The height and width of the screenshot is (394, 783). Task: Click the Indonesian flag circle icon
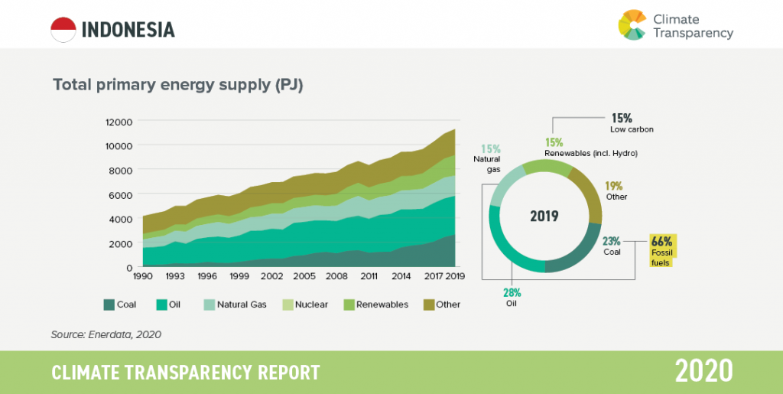63,29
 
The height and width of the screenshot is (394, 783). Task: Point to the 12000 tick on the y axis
119,122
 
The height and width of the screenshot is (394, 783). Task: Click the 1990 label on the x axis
144,275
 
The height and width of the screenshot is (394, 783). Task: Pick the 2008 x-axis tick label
336,275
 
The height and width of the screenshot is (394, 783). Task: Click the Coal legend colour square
109,304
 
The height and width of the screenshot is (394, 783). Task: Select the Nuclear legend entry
306,304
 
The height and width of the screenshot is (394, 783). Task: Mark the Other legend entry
441,304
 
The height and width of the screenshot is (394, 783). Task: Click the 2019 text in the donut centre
544,216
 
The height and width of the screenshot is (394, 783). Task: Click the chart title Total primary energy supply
178,85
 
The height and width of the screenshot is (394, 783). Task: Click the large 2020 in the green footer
703,371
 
